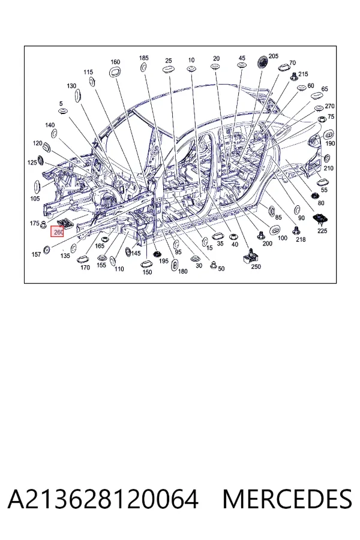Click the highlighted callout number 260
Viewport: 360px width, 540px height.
coord(58,232)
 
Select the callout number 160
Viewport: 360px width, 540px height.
coord(115,62)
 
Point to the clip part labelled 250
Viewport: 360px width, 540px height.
coord(250,256)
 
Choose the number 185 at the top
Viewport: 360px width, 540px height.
coord(143,58)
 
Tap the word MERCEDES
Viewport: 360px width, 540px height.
coord(287,499)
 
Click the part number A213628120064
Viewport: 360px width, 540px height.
coord(103,499)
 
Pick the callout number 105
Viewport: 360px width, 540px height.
coord(35,199)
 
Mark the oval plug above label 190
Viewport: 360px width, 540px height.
coord(329,134)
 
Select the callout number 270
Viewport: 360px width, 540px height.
coord(329,106)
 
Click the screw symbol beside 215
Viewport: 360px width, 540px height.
coord(293,76)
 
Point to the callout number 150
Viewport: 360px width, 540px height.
coord(147,272)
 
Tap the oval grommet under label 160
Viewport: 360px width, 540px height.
coord(115,72)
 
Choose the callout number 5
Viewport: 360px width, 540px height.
coord(61,104)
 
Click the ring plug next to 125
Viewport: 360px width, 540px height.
coord(41,160)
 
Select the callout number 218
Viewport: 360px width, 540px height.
coord(301,239)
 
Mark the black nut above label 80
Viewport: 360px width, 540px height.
coord(314,196)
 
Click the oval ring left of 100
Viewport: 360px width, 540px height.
coord(275,230)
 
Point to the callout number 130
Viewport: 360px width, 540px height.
coord(71,86)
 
